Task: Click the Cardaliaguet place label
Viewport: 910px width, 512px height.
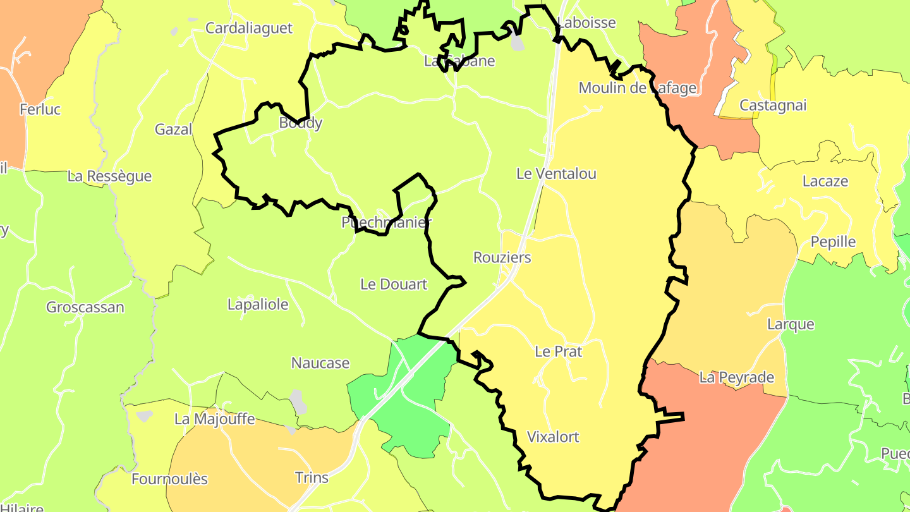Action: click(249, 28)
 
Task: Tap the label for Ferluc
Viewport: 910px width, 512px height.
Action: click(40, 109)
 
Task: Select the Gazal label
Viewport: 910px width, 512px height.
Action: click(173, 130)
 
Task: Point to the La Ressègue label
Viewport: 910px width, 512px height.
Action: click(109, 176)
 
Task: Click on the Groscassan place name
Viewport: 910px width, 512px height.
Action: click(85, 308)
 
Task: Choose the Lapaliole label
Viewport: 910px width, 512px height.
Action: click(258, 305)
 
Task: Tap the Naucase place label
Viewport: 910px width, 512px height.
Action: click(320, 363)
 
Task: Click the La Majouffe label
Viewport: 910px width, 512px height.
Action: click(214, 419)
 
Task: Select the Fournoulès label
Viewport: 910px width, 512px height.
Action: click(169, 479)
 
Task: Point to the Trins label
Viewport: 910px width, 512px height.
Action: click(312, 477)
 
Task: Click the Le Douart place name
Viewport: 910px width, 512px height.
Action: click(394, 284)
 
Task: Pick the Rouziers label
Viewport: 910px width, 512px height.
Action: click(502, 258)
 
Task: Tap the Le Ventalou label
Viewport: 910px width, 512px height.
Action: click(556, 173)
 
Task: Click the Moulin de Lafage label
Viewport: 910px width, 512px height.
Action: click(637, 88)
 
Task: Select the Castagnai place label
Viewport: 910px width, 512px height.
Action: click(773, 106)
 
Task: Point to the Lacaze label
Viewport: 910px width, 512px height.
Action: click(825, 181)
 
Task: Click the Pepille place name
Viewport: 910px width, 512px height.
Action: click(833, 242)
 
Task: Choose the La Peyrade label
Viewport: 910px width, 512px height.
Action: click(736, 378)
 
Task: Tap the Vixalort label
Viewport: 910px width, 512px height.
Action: click(553, 437)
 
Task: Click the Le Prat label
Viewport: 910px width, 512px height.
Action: click(558, 351)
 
